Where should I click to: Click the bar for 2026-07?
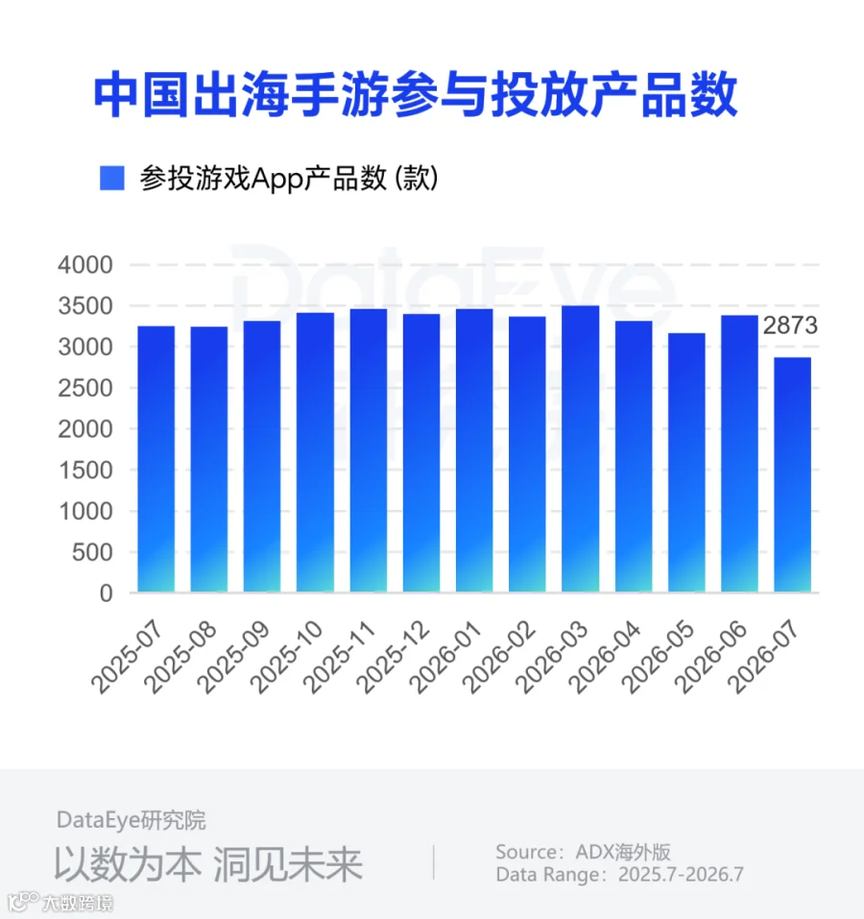793,474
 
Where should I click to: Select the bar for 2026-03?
581,449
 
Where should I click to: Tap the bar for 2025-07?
156,459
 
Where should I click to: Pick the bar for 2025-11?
369,450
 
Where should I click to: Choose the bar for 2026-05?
686,463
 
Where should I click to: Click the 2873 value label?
790,326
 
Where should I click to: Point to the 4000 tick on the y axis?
84,265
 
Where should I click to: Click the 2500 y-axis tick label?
84,388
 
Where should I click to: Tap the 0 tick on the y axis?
106,593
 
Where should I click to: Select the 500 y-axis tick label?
92,552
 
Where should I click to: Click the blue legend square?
112,179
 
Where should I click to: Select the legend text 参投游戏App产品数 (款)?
289,179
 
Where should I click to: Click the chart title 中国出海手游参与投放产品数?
416,94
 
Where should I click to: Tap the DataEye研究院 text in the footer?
132,820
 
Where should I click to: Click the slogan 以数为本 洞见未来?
208,864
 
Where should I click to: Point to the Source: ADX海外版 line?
583,852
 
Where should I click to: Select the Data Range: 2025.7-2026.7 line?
619,875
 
